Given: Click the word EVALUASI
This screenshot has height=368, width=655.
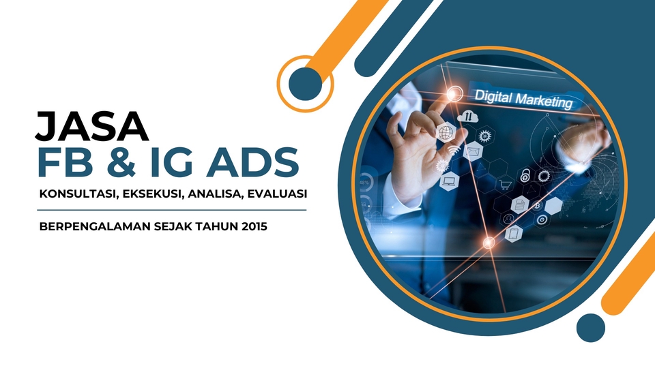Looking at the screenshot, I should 277,194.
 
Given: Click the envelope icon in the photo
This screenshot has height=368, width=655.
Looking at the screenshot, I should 473,150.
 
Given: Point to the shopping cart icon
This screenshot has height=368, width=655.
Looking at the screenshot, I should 506,183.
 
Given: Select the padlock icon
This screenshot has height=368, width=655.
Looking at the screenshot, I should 525,174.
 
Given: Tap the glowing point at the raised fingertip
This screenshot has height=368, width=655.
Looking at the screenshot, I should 450,93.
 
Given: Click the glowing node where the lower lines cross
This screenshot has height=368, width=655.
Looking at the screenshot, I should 489,243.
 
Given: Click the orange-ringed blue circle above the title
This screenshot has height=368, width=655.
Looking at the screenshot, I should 306,83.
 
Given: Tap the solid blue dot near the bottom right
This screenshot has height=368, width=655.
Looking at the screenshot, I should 590,326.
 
